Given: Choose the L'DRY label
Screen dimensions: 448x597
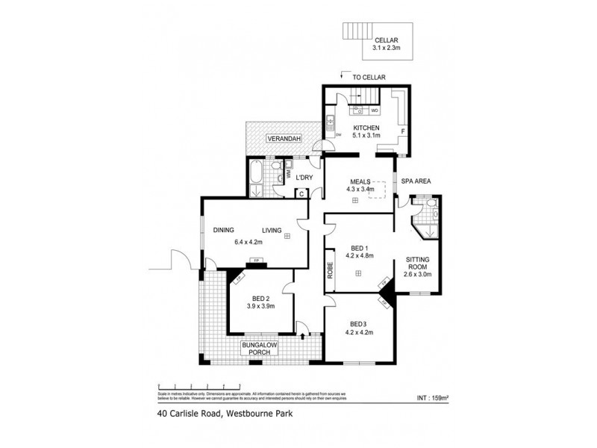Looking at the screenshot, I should click(x=304, y=177).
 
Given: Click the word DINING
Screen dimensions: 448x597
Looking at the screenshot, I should click(x=224, y=230).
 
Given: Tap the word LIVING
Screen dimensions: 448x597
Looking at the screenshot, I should click(x=271, y=230).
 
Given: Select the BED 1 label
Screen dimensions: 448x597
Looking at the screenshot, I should click(x=359, y=247).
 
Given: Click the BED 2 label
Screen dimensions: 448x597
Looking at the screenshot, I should click(x=260, y=297).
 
